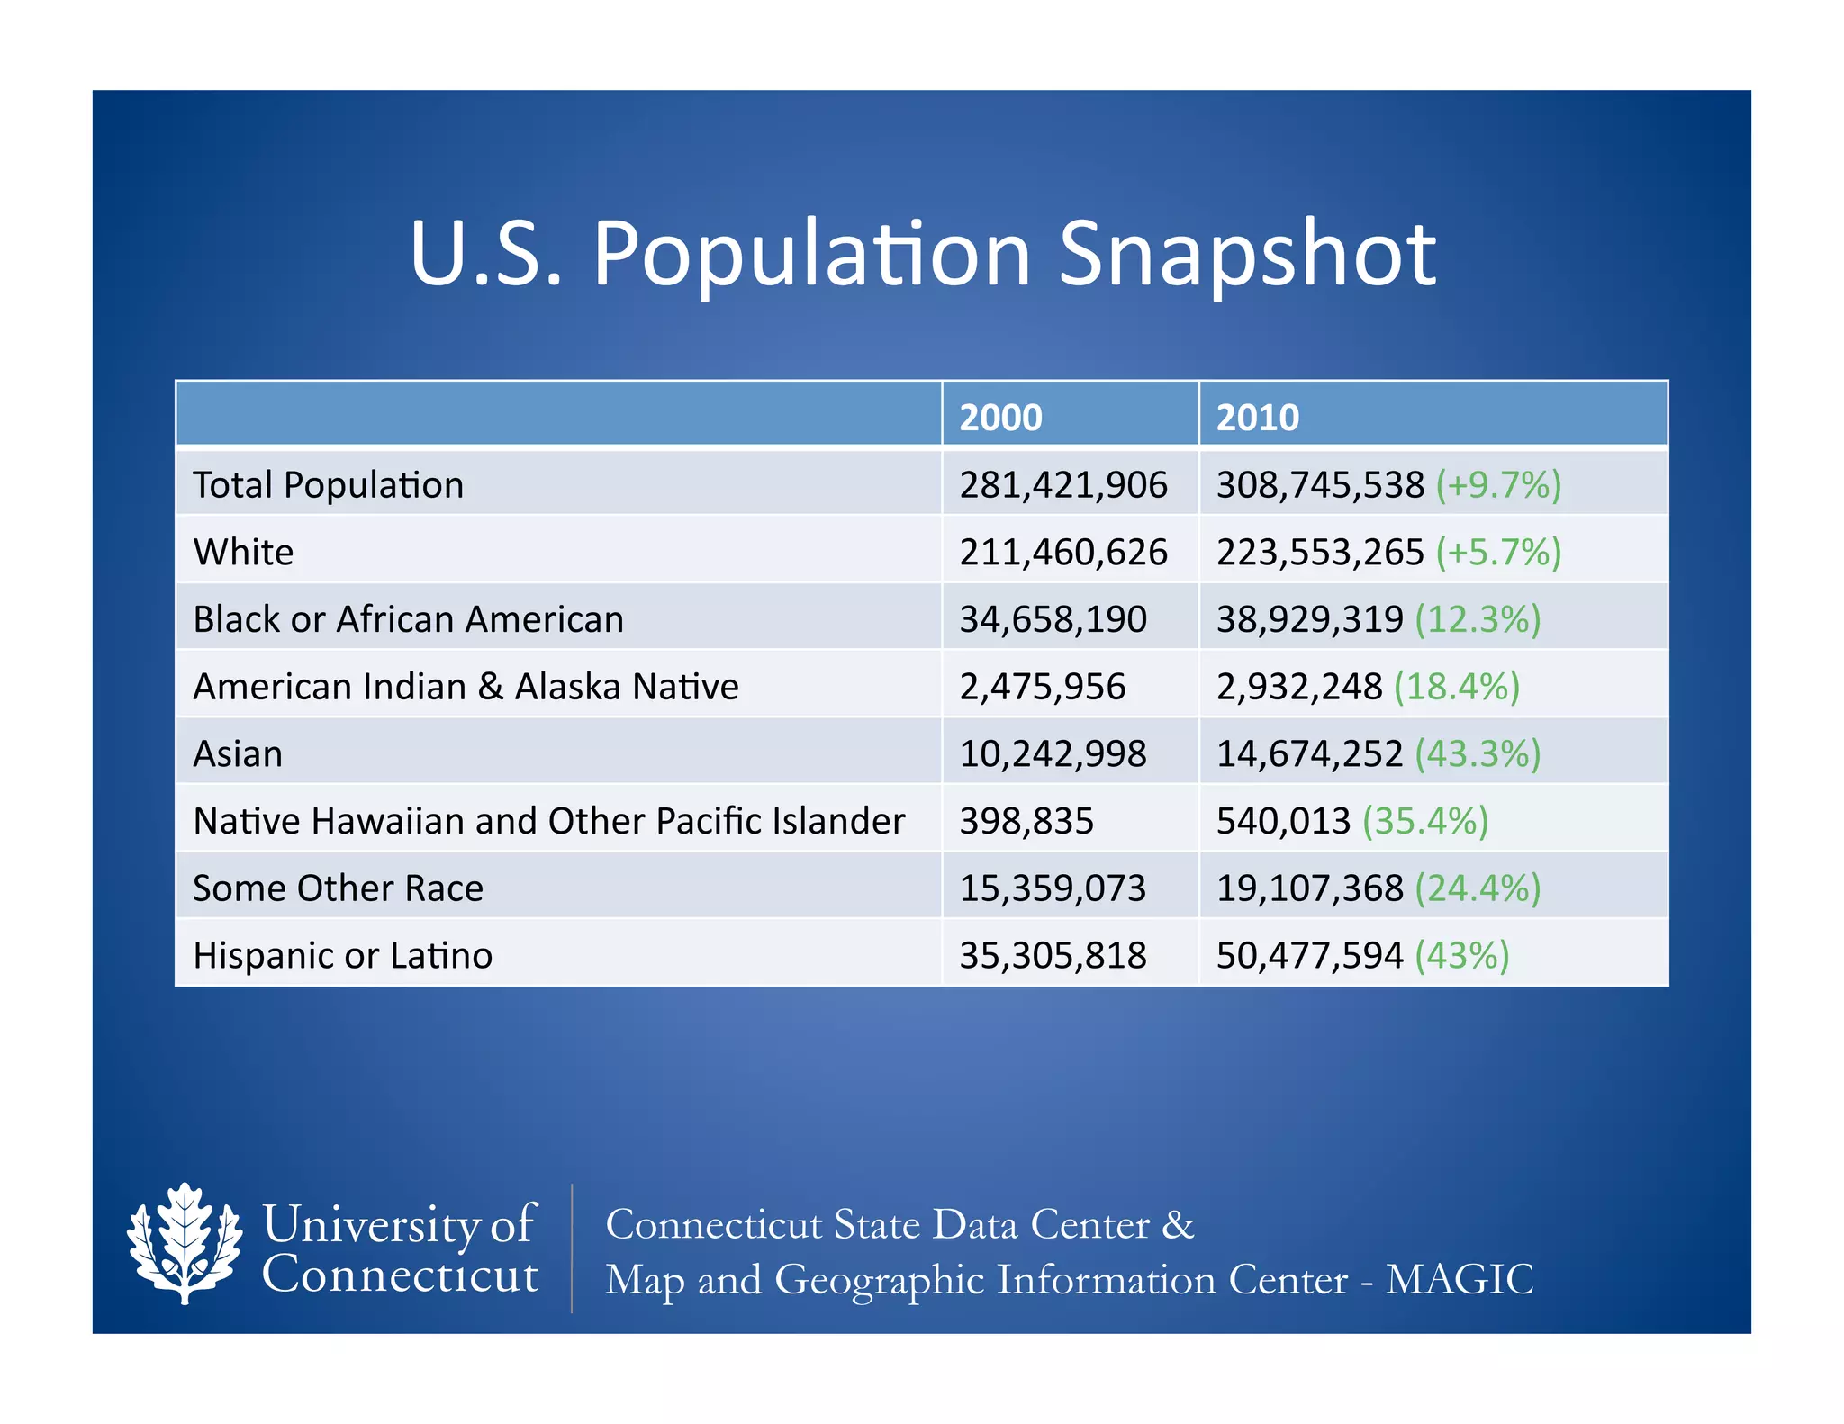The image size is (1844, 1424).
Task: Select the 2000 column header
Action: click(x=1000, y=418)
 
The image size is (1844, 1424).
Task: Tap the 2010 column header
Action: click(x=1257, y=418)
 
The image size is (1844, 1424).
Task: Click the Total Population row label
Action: click(x=328, y=485)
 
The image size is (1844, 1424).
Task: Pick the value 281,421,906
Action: click(x=1062, y=485)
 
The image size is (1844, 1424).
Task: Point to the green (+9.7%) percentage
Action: click(x=1497, y=485)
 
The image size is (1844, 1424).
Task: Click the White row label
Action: click(x=243, y=552)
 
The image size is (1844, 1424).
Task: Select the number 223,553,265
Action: click(x=1320, y=552)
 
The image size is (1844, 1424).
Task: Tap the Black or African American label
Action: click(x=408, y=619)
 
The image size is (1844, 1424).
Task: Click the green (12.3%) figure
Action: click(x=1478, y=619)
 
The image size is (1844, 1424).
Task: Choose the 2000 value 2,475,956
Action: click(x=1042, y=687)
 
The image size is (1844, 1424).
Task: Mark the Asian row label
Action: click(x=238, y=753)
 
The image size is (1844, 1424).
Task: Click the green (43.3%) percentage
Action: click(x=1478, y=753)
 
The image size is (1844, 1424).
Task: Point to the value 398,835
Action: click(x=1026, y=821)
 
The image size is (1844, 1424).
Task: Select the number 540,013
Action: click(x=1283, y=821)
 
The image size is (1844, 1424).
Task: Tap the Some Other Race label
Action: click(x=338, y=888)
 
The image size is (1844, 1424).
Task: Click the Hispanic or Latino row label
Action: click(x=342, y=955)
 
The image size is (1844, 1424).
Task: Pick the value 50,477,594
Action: click(x=1309, y=955)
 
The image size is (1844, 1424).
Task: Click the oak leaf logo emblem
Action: click(x=185, y=1243)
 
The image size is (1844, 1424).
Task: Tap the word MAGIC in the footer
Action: click(x=1459, y=1279)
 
